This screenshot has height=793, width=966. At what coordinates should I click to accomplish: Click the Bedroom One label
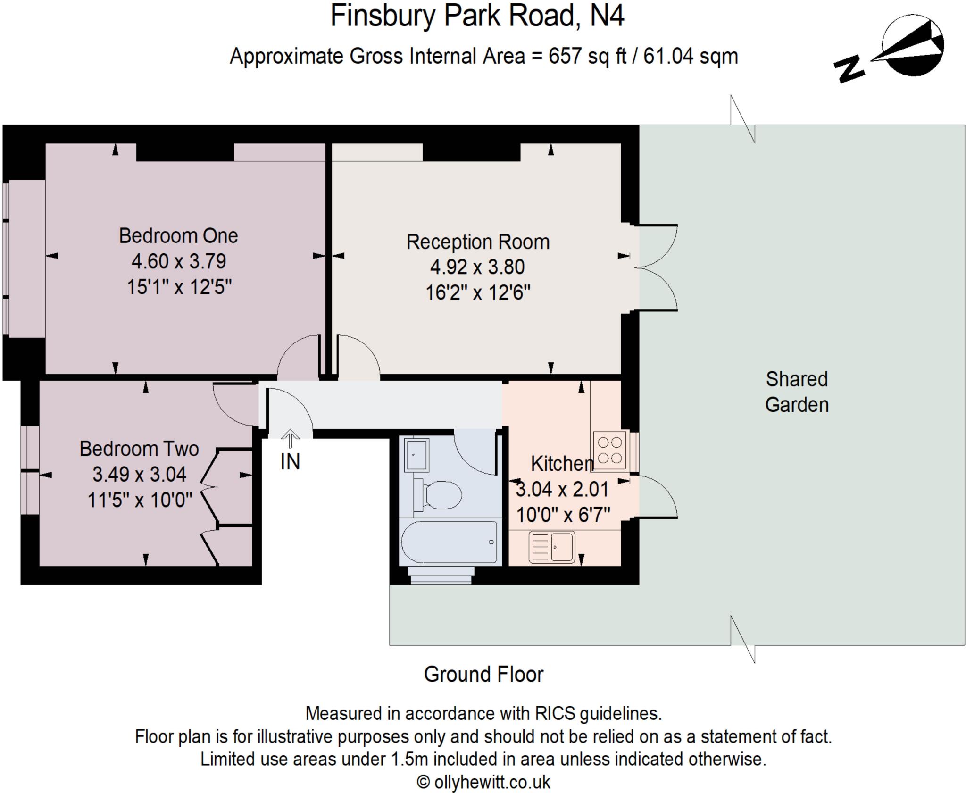178,236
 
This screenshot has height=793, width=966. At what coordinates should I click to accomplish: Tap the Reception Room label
478,242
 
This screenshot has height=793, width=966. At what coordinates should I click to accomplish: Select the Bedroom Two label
139,449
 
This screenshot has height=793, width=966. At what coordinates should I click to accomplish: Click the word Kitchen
561,464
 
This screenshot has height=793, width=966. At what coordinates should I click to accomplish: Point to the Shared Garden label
796,392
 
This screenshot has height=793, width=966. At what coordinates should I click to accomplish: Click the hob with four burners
609,451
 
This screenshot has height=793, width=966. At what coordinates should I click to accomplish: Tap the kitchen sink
551,547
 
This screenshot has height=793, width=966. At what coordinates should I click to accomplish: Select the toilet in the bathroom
439,495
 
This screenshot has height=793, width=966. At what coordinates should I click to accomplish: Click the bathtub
448,542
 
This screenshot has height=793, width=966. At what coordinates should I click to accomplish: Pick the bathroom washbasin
417,455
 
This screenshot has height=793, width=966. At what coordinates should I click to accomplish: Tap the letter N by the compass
849,69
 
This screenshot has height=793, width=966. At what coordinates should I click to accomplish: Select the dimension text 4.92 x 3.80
477,267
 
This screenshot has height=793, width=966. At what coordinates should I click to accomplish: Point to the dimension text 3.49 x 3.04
139,475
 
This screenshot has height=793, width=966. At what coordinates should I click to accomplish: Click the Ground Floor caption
483,675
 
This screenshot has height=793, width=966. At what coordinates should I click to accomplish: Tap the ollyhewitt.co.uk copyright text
483,782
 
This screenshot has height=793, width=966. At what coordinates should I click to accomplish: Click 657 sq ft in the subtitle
587,57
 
